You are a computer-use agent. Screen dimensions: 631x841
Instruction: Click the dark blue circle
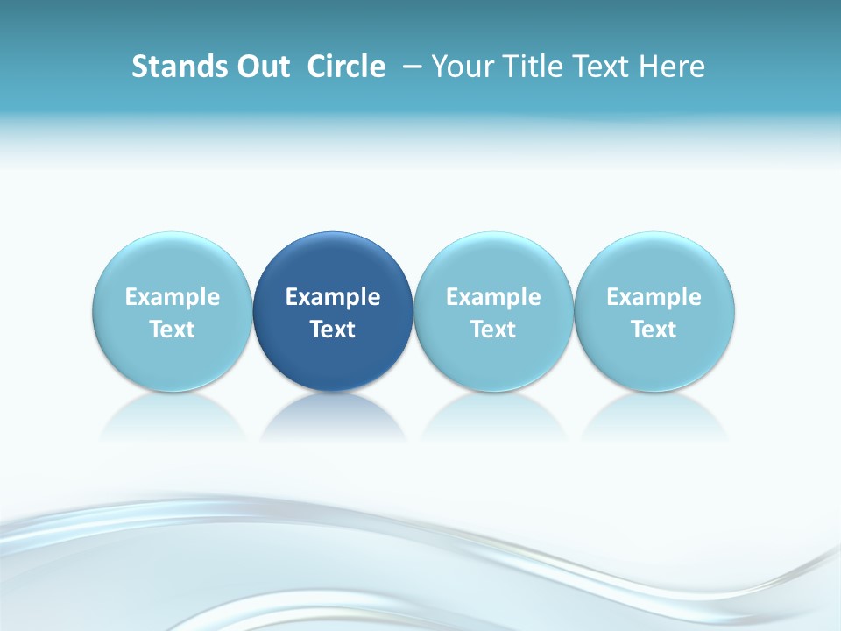tap(333, 263)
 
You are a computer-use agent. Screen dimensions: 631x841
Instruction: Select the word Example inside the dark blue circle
tap(333, 297)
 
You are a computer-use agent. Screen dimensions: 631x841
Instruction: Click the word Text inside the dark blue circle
tap(333, 330)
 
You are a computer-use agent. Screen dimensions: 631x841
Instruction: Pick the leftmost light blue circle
tap(173, 263)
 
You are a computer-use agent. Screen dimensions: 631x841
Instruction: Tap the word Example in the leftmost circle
tap(173, 297)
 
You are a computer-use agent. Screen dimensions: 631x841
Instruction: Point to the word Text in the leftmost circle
tap(173, 330)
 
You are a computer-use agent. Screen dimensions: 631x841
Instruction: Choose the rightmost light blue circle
tap(654, 263)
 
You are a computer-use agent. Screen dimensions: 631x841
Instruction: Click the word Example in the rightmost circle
tap(654, 297)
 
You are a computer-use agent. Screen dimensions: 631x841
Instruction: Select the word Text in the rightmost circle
tap(654, 330)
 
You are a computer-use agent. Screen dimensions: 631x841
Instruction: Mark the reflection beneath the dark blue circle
tap(333, 416)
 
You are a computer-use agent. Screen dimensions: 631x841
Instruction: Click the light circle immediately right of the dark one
tap(493, 263)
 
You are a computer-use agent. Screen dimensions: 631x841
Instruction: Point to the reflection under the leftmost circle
tap(173, 416)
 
